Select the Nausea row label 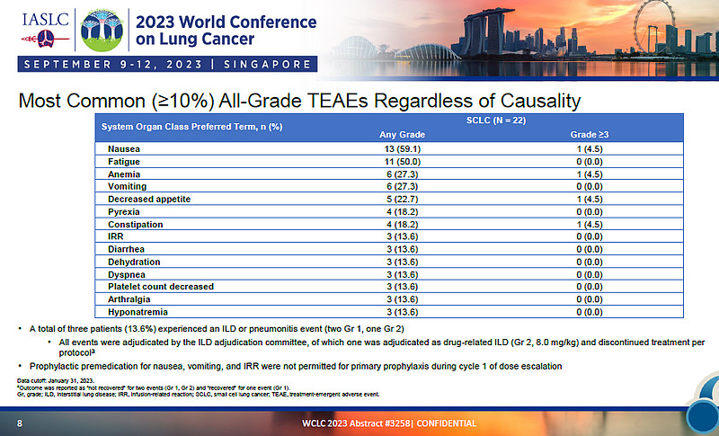click(x=122, y=148)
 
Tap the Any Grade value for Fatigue click(x=397, y=161)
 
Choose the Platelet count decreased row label click(x=160, y=286)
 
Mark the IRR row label click(x=115, y=236)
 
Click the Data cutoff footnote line click(x=56, y=381)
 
